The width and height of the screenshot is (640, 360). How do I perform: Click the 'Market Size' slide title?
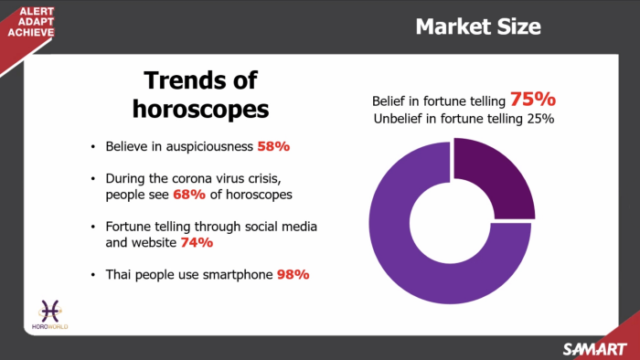478,26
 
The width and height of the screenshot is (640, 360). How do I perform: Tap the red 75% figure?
533,99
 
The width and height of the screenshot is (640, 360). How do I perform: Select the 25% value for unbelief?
540,119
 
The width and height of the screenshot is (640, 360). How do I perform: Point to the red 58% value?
273,146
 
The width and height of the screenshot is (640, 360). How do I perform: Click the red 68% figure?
189,195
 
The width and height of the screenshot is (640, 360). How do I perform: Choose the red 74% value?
197,242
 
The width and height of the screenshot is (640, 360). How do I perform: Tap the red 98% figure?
293,274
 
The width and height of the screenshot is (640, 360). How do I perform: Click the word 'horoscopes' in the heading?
200,110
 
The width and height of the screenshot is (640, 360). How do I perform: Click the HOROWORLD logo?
50,314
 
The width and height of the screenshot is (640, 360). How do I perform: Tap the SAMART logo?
594,349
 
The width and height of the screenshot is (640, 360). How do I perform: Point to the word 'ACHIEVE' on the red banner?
31,32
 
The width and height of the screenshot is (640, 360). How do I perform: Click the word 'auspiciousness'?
209,147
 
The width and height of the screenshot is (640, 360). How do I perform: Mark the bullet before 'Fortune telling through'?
93,227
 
